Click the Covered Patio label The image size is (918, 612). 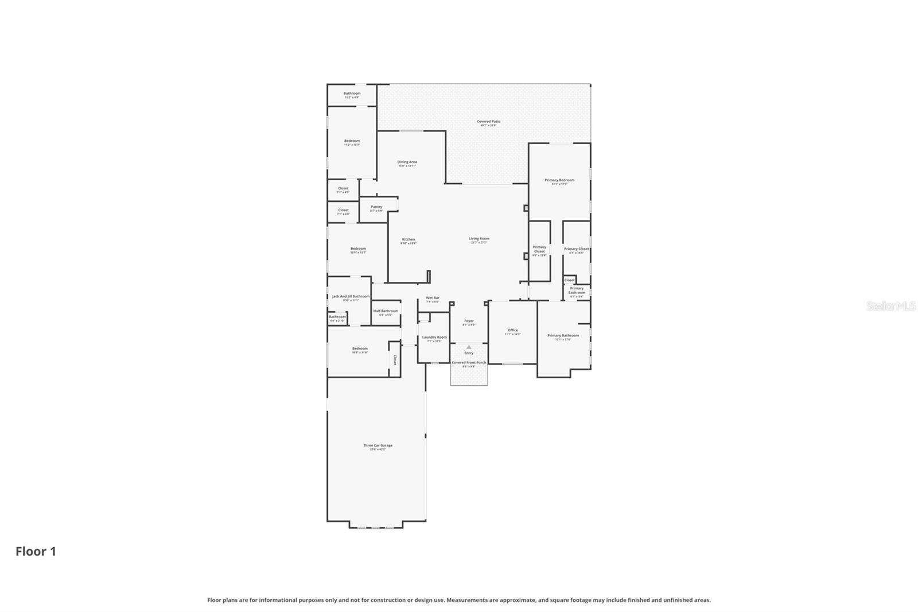488,122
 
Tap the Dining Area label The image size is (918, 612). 407,162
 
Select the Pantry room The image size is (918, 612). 376,208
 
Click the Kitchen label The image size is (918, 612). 408,240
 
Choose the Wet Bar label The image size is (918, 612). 432,299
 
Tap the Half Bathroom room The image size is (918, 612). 386,312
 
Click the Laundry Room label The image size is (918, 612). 434,338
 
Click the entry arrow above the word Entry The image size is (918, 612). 469,347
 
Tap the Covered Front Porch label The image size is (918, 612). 469,363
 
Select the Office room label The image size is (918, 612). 512,331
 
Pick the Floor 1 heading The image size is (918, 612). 36,552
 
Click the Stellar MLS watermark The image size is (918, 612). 890,307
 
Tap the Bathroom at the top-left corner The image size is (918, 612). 352,94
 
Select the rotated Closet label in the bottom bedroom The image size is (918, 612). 395,360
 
